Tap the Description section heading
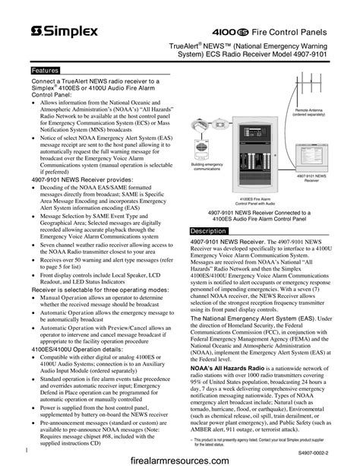(x=208, y=230)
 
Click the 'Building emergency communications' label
(x=207, y=166)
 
